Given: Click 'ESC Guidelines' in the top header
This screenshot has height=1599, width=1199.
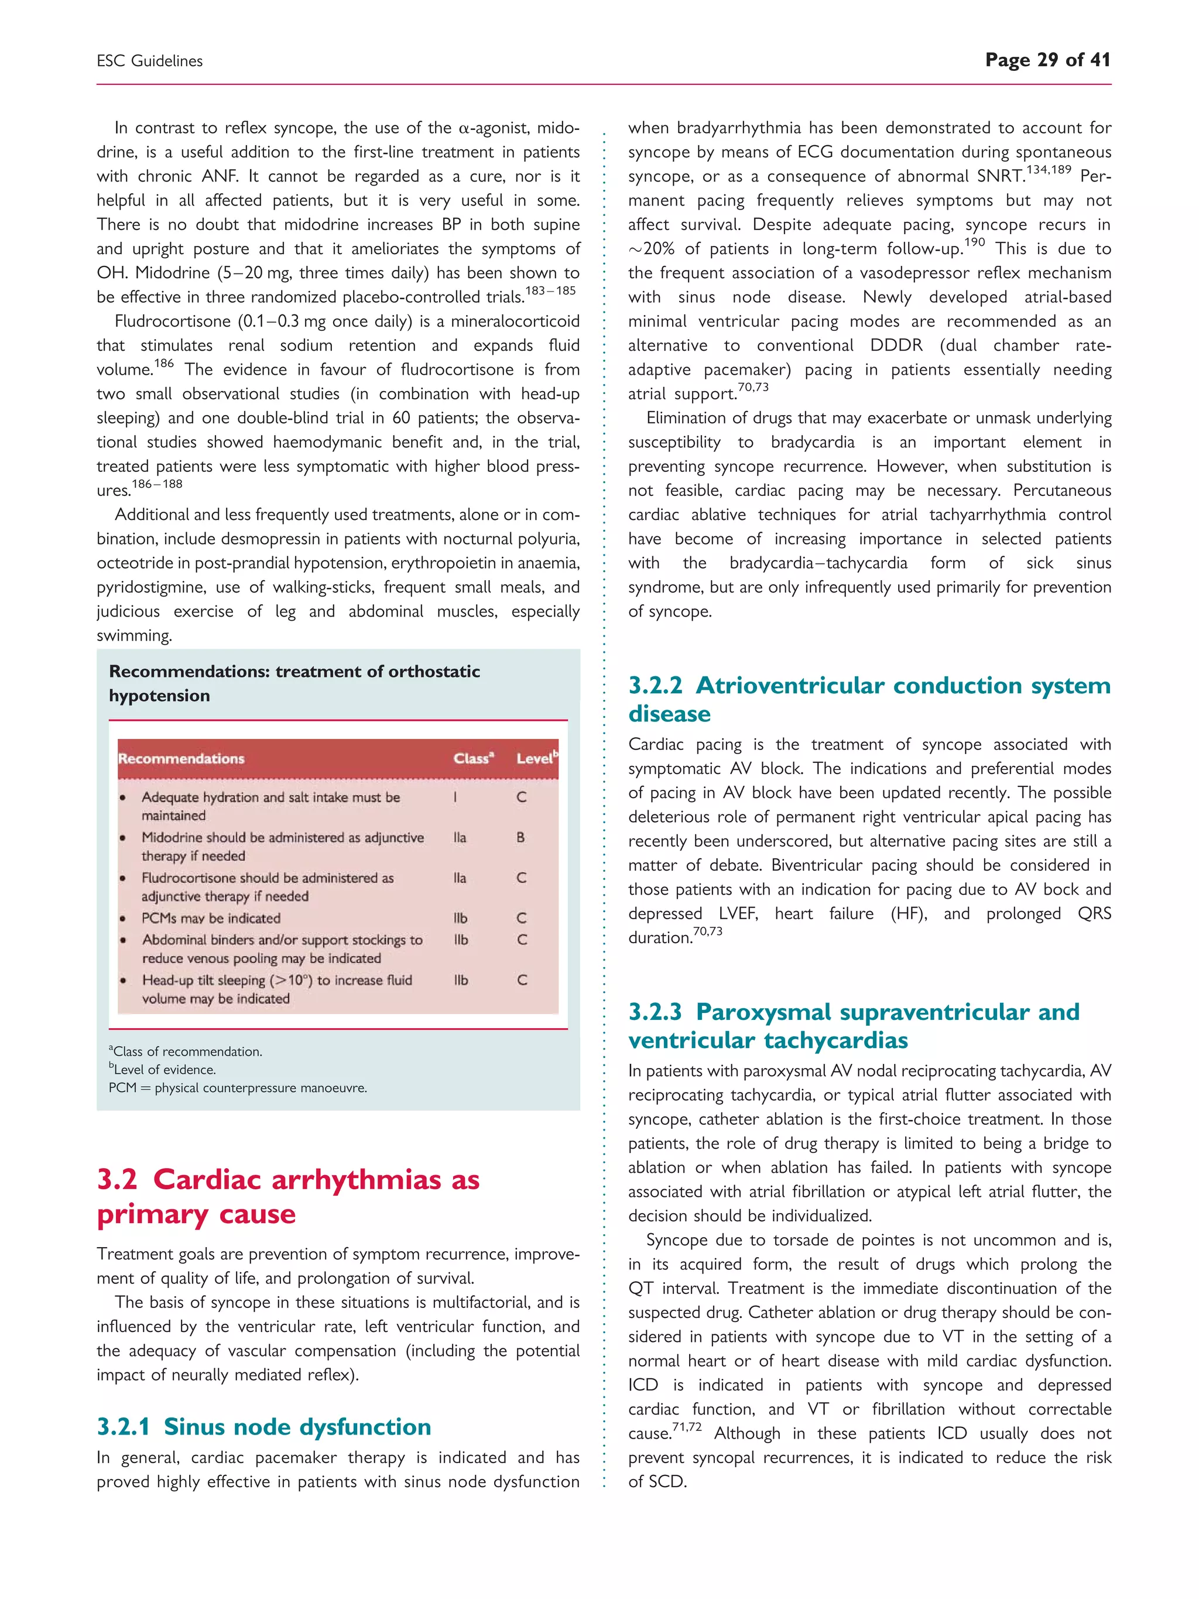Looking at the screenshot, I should click(x=150, y=61).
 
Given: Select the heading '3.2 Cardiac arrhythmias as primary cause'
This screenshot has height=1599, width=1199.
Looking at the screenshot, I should click(x=287, y=1196).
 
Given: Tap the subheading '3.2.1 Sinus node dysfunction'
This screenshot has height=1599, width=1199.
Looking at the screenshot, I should click(x=264, y=1426).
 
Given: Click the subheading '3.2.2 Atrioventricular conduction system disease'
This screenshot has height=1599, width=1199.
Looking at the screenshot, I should click(x=869, y=699).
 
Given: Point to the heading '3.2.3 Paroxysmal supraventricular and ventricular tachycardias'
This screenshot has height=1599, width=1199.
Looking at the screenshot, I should click(x=854, y=1025).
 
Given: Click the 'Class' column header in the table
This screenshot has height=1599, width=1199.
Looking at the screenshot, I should click(x=472, y=758).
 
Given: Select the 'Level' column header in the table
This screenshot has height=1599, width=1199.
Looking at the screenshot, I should click(x=536, y=758).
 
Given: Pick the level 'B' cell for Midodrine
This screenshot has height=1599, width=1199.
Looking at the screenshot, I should click(x=520, y=837).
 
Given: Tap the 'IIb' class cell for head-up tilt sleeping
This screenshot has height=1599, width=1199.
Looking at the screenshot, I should click(x=460, y=980).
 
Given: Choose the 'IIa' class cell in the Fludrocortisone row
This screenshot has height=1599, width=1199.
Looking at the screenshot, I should click(x=460, y=878).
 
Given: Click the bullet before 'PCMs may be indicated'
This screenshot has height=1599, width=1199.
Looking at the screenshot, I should click(x=123, y=919).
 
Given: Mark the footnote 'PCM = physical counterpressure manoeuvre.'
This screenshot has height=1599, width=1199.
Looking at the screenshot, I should click(x=238, y=1088).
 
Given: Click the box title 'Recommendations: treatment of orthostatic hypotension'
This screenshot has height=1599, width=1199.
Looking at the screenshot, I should click(x=294, y=683).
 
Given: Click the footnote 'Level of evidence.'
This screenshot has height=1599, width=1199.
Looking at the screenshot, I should click(x=164, y=1070).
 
